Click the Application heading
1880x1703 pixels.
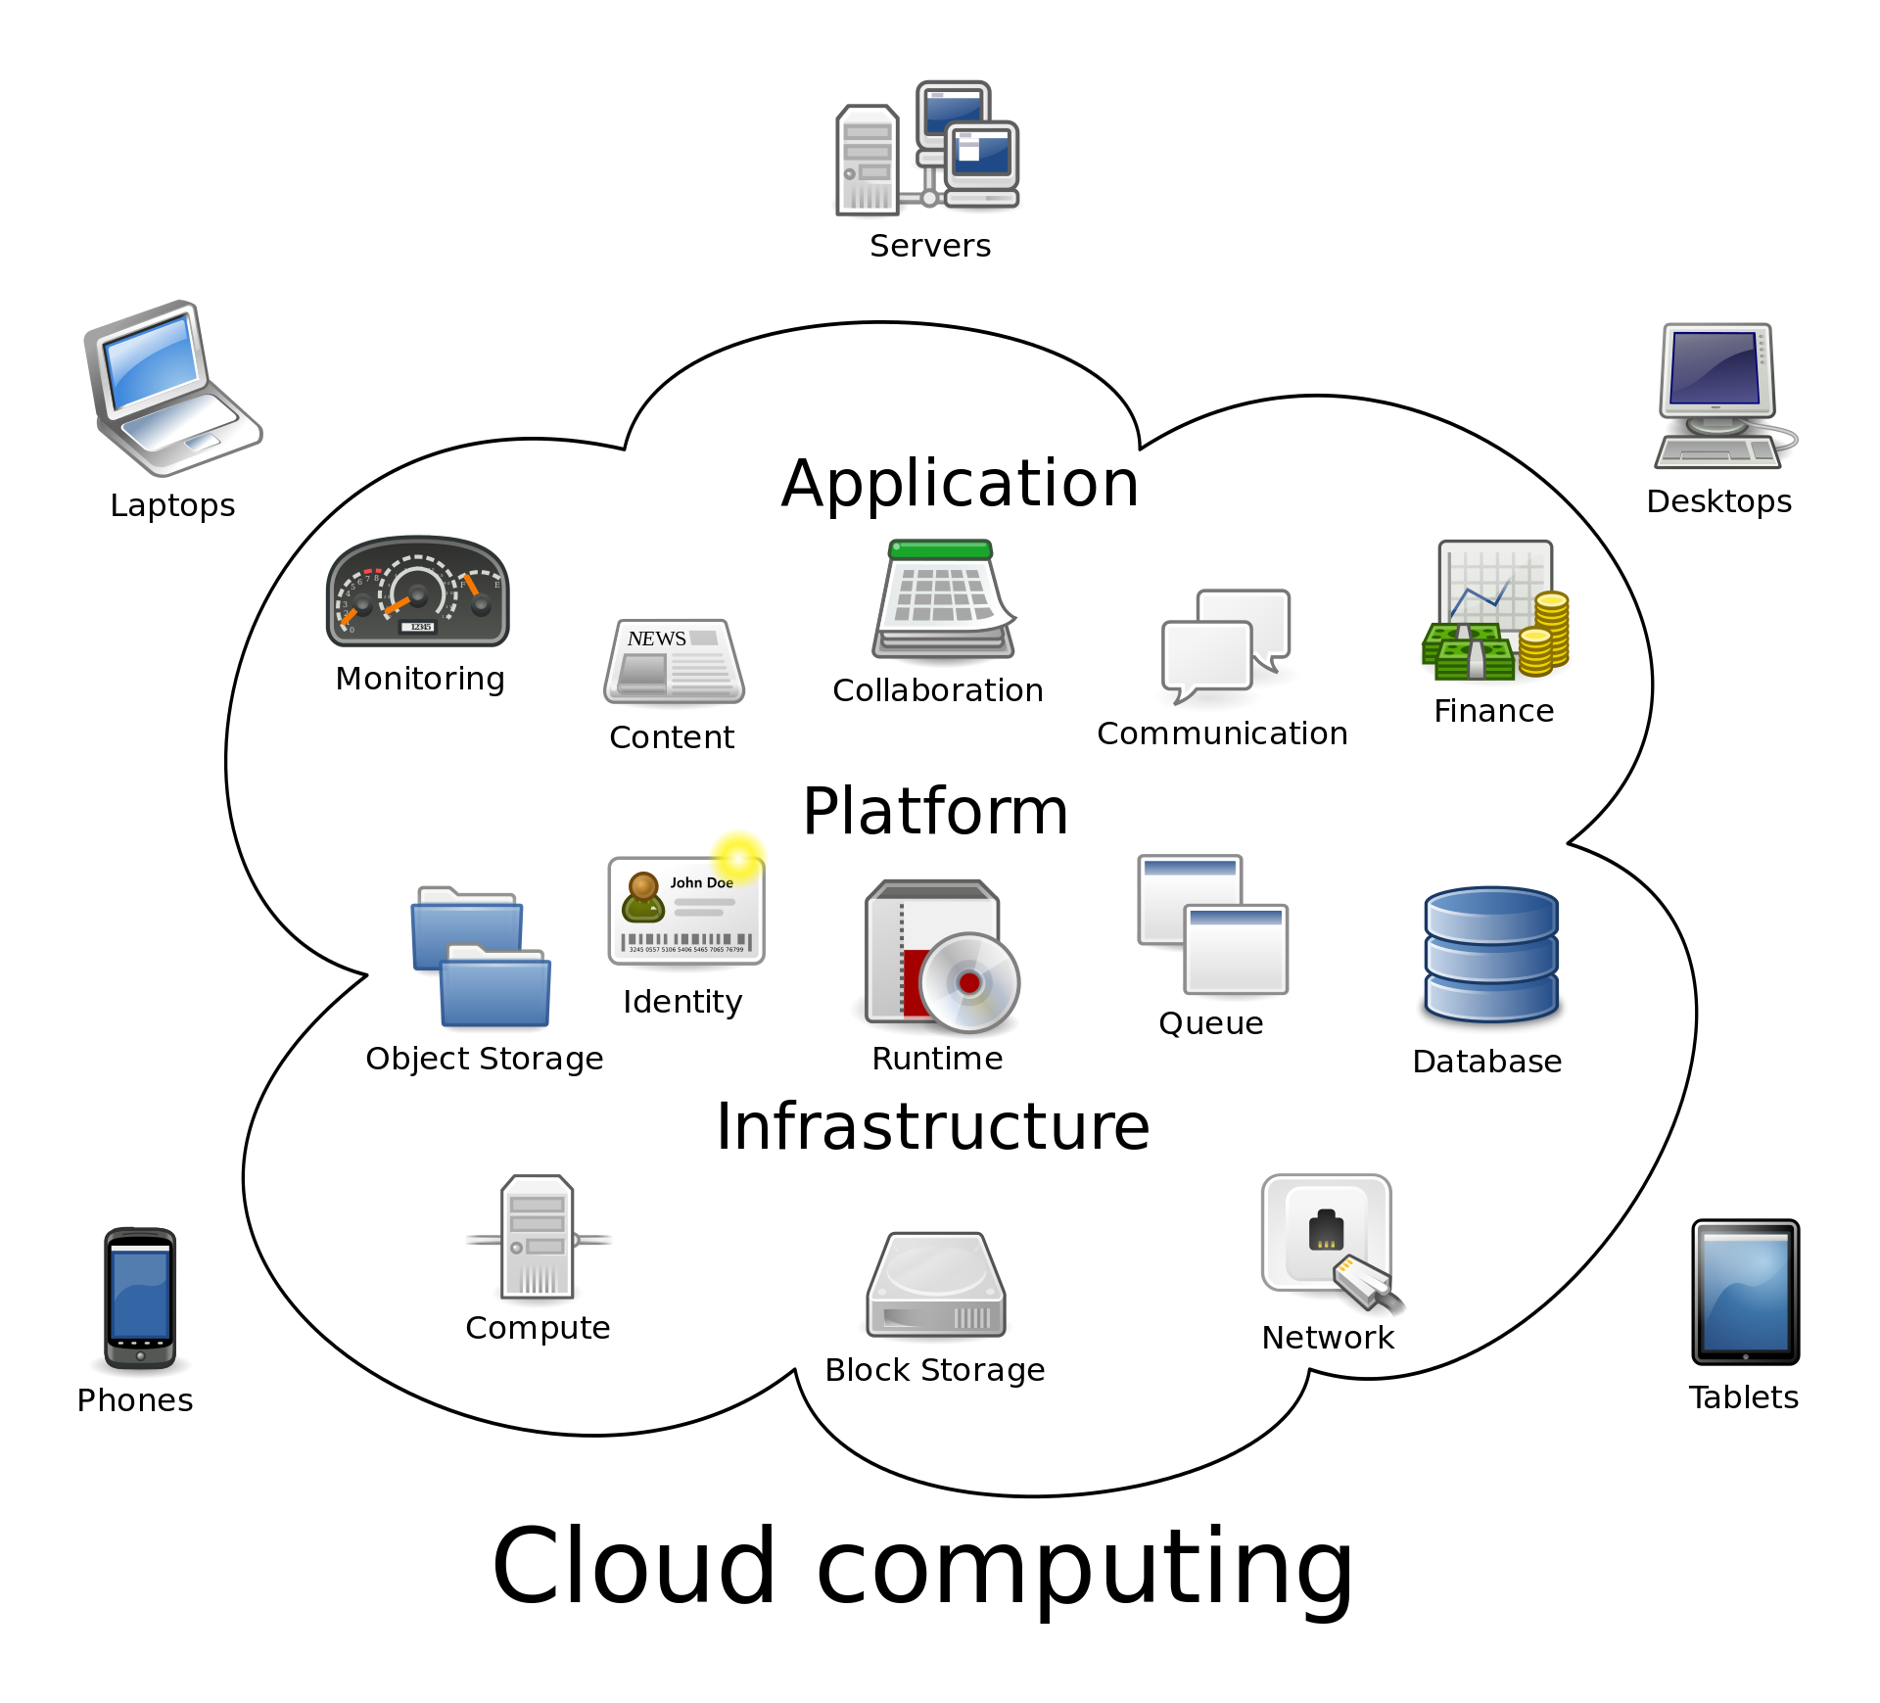[960, 485]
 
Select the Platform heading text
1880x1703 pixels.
[935, 812]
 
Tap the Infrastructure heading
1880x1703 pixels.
[932, 1127]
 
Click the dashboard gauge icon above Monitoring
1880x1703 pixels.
[417, 591]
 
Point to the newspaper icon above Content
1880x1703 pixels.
[674, 662]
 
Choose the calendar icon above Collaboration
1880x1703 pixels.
[943, 598]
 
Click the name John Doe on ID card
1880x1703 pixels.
[701, 882]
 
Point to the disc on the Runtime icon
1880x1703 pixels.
[969, 983]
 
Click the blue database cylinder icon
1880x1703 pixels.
[1490, 954]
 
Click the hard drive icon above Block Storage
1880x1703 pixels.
[935, 1286]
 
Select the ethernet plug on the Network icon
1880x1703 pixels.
[1367, 1283]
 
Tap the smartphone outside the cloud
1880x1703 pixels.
[140, 1297]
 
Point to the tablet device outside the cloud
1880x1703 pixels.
[1745, 1292]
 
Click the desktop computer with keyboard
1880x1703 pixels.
[1721, 397]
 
